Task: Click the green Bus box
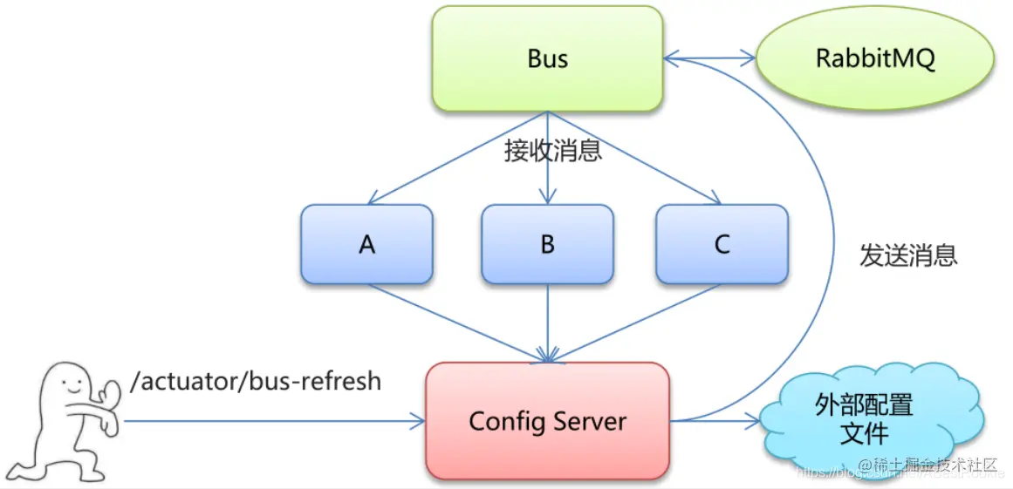click(x=547, y=58)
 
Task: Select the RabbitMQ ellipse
click(x=875, y=59)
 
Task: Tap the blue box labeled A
click(x=366, y=245)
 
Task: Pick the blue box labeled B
click(x=547, y=245)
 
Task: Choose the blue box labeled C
click(x=722, y=245)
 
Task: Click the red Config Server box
click(x=547, y=422)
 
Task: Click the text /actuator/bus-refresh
click(x=255, y=381)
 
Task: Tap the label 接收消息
click(x=552, y=151)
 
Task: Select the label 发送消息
click(x=908, y=255)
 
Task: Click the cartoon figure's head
click(x=70, y=384)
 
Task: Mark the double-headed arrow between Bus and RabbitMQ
click(x=709, y=59)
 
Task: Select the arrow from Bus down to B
click(x=547, y=174)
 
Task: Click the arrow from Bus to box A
click(x=454, y=159)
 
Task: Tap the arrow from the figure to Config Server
click(x=270, y=422)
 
